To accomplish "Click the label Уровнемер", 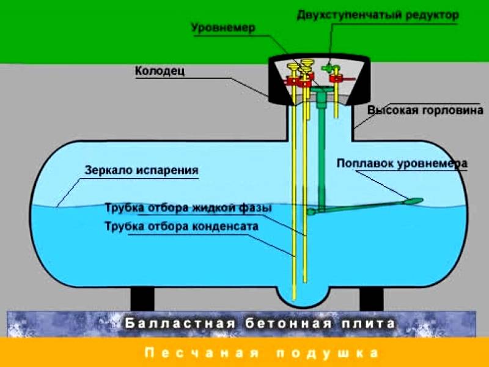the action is (223, 28).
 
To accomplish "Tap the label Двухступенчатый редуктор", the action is (378, 15).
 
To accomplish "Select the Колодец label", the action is (160, 71).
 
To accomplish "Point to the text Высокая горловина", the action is (425, 110).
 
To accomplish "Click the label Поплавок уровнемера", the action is (402, 163).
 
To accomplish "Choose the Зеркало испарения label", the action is (142, 171).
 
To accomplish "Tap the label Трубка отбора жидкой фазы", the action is (188, 207).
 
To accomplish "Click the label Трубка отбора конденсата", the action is (182, 226).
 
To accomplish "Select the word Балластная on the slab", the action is (180, 324).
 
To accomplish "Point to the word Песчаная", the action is (202, 353).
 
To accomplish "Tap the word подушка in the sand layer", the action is (328, 353).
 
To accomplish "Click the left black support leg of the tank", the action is (142, 299).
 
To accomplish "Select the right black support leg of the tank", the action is (371, 299).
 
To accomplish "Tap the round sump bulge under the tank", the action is (302, 296).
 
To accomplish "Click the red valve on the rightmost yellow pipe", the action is (337, 78).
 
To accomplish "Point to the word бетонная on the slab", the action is (289, 324).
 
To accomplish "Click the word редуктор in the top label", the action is (432, 15).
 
